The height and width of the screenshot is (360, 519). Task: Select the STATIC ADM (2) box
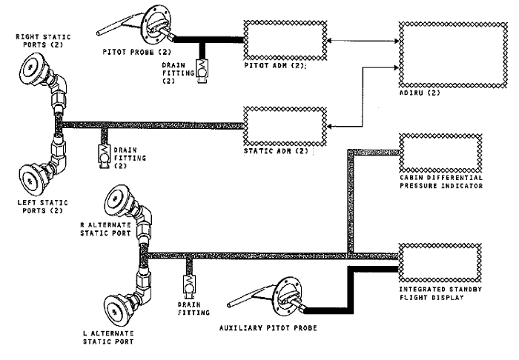(x=285, y=125)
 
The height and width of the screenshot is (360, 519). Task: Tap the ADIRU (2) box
(x=441, y=50)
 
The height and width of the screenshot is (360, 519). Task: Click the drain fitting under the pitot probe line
(x=202, y=70)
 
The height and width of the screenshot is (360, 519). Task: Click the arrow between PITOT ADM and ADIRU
(x=364, y=41)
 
